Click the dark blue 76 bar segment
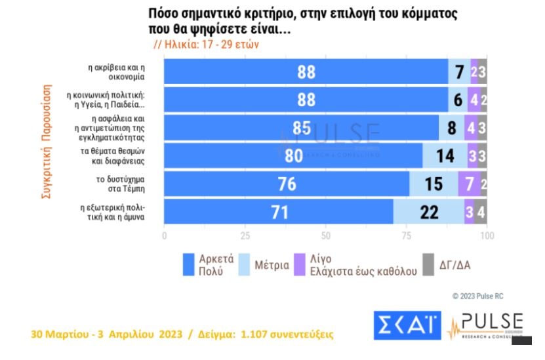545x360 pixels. [286, 184]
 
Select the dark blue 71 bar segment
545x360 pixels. [278, 212]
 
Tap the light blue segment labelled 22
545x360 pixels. [429, 212]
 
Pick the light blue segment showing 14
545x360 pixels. [445, 155]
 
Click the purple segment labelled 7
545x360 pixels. [469, 184]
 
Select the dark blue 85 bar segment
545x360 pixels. [301, 127]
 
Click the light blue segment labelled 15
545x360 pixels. [434, 184]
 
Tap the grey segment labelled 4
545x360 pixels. [481, 212]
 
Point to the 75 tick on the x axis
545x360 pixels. [406, 236]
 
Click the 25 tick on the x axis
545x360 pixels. [245, 236]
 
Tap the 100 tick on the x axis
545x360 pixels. [486, 236]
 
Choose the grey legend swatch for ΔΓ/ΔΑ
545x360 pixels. [428, 264]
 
